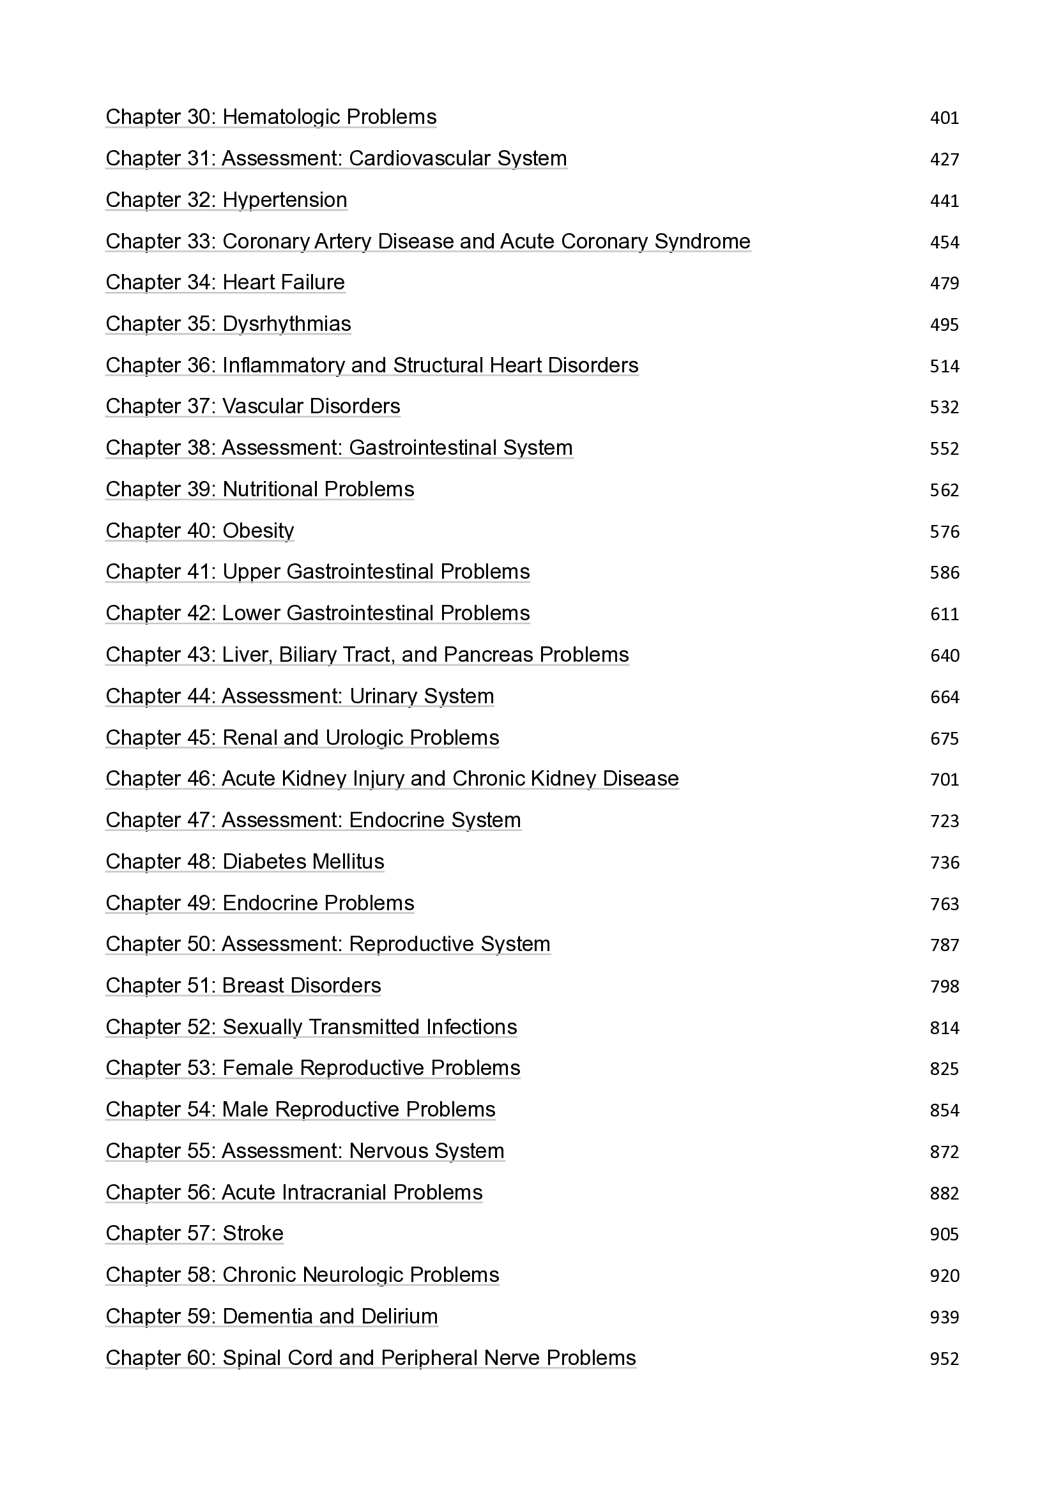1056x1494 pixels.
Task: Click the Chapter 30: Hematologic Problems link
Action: (271, 117)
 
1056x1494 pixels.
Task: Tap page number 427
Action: (944, 160)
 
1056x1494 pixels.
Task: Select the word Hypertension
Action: (284, 201)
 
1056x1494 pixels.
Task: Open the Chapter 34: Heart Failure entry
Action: (225, 282)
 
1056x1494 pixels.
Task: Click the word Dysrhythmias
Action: (286, 324)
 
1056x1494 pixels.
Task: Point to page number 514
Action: (944, 367)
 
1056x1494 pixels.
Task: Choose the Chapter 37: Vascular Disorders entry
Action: (252, 407)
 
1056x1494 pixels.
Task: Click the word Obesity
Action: (257, 531)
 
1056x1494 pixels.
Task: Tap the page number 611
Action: (944, 614)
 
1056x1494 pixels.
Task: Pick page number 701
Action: (944, 779)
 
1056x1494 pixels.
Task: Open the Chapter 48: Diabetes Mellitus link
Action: (245, 862)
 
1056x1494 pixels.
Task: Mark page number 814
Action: (944, 1028)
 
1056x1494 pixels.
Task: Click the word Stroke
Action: (252, 1234)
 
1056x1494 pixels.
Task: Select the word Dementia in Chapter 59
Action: (267, 1317)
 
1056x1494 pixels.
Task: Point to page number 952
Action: (944, 1359)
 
